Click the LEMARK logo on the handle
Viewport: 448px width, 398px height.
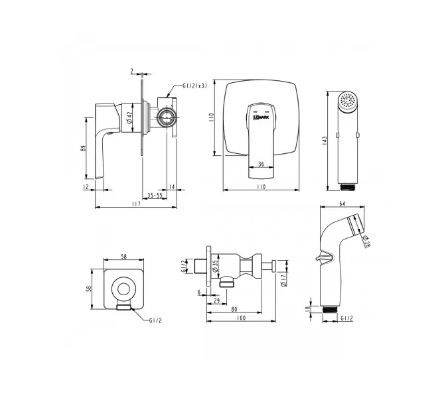pos(261,117)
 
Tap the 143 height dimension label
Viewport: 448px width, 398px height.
pos(325,141)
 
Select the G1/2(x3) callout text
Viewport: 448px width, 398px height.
pos(194,86)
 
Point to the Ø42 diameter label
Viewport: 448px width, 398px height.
pos(129,117)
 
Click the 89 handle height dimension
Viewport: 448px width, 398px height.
pos(83,148)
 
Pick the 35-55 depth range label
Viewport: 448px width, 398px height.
pos(155,195)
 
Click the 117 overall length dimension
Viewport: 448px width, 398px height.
pos(136,204)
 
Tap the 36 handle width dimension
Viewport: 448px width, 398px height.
pos(261,164)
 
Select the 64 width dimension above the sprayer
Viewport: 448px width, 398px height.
pos(342,204)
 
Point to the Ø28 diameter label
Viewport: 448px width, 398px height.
pos(366,242)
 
